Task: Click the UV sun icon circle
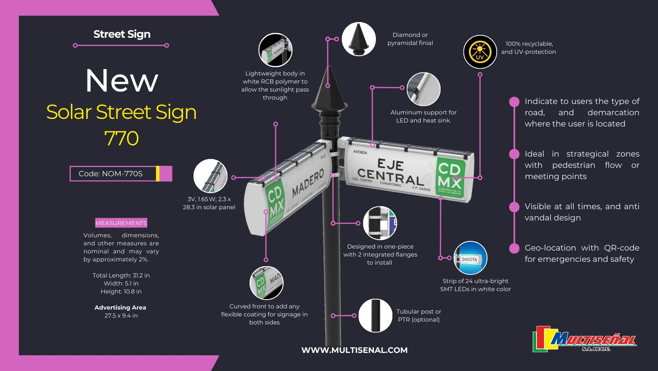[x=480, y=52]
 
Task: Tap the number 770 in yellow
[x=121, y=139]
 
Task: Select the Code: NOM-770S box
[x=120, y=174]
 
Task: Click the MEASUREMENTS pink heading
[x=121, y=223]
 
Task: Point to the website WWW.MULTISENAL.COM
[x=354, y=350]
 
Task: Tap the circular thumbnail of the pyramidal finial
[x=359, y=39]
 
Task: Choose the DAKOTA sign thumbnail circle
[x=470, y=258]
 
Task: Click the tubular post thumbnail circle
[x=375, y=316]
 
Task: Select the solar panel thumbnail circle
[x=210, y=176]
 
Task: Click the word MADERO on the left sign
[x=308, y=183]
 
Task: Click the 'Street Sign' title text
[x=122, y=34]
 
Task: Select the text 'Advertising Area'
[x=120, y=308]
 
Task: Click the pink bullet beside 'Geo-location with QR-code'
[x=514, y=249]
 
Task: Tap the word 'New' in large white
[x=122, y=81]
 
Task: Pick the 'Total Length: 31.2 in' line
[x=121, y=275]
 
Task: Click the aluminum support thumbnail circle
[x=423, y=89]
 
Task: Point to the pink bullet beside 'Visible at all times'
[x=514, y=207]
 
